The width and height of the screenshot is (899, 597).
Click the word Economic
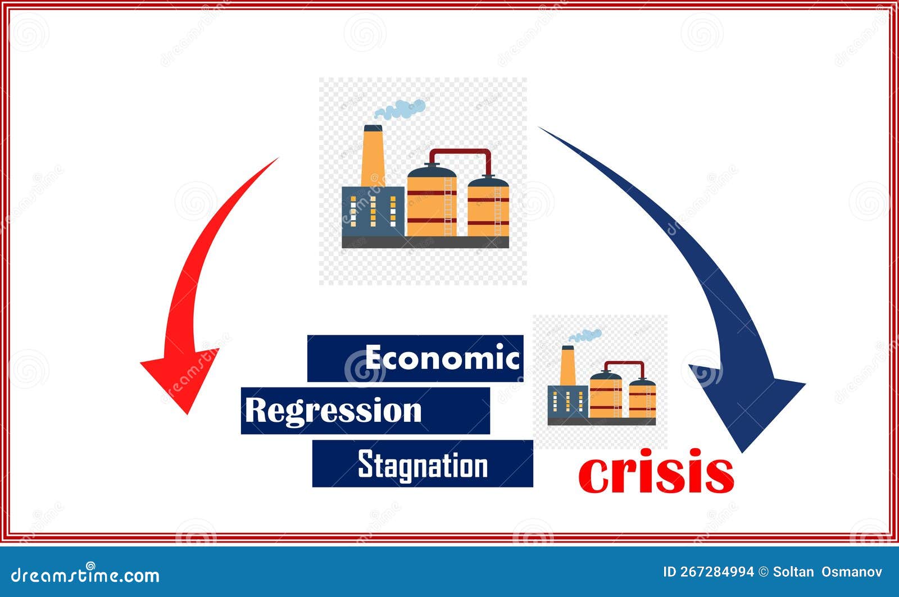[442, 358]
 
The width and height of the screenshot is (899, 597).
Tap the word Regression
[333, 411]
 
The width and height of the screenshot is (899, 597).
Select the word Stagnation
[423, 465]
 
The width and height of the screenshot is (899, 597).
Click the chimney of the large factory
[372, 154]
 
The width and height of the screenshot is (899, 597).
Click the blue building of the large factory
[373, 211]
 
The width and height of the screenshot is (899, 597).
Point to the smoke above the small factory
[586, 335]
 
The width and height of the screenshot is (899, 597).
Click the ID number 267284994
[709, 572]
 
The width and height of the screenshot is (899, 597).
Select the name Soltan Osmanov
[827, 572]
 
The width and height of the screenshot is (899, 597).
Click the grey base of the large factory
[425, 242]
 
